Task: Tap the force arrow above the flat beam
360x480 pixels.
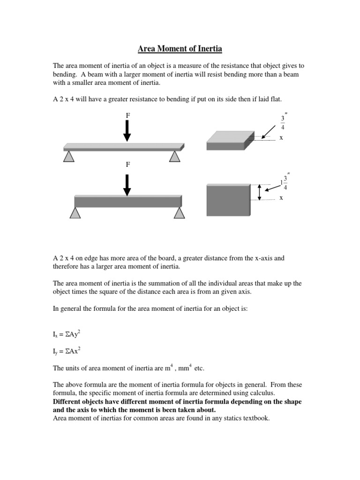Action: click(127, 130)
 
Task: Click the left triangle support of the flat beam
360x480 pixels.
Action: click(69, 156)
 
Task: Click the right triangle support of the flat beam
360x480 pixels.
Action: click(174, 156)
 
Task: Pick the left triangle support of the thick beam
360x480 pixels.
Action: click(75, 213)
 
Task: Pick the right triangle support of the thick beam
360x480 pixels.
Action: click(179, 213)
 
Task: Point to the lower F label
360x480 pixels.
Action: click(127, 165)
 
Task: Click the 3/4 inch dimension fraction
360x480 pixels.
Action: click(282, 122)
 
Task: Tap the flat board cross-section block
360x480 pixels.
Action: click(226, 140)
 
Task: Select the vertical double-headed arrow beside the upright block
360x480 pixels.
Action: click(259, 192)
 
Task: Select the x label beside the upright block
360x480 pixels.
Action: click(281, 198)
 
